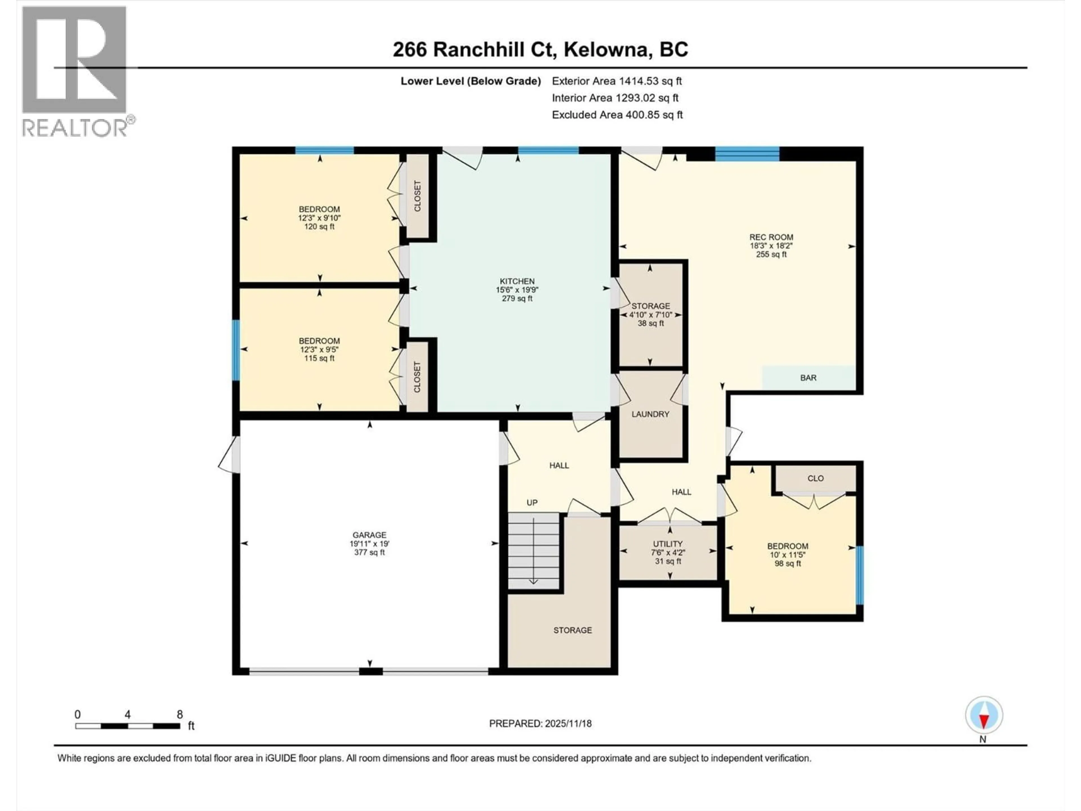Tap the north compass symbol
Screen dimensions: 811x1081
click(x=984, y=716)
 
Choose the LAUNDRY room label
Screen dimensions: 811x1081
click(x=650, y=414)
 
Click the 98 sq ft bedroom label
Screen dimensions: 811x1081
click(x=787, y=555)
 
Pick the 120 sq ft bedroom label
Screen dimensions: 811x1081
click(x=319, y=218)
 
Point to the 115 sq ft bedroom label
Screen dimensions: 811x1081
click(x=319, y=349)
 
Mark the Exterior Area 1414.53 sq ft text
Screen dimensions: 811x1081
click(x=617, y=81)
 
